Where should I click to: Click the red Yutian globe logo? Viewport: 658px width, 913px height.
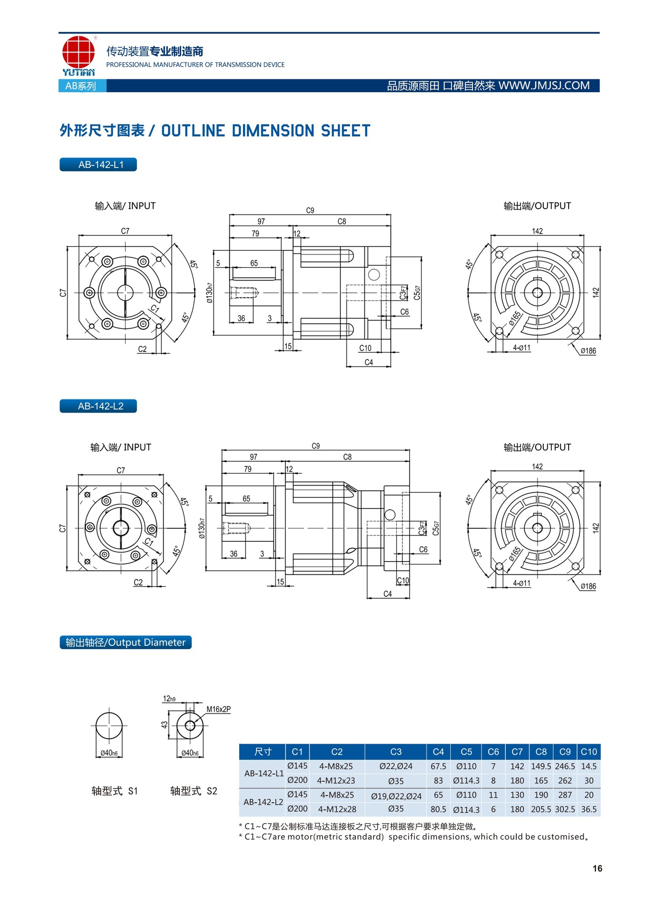click(x=78, y=52)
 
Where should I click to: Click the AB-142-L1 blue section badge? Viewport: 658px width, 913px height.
click(x=98, y=165)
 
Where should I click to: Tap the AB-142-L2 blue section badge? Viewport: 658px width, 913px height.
click(x=98, y=406)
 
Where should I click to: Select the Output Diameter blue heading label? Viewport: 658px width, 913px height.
click(x=125, y=642)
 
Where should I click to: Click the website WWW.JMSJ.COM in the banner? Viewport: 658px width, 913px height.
click(x=544, y=86)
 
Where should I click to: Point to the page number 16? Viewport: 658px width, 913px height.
click(x=597, y=868)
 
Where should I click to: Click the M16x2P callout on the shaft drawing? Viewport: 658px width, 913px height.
click(x=218, y=709)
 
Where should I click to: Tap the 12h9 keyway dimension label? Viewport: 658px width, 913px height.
click(x=169, y=699)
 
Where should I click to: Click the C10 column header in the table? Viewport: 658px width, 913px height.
click(x=589, y=752)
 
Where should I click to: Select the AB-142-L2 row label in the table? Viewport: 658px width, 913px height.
click(x=263, y=802)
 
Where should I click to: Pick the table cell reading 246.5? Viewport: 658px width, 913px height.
click(x=565, y=767)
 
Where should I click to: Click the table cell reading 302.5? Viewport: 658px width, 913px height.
click(x=565, y=809)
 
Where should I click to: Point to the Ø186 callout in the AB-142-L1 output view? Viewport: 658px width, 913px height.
click(x=588, y=351)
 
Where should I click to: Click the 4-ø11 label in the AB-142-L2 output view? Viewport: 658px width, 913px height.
click(x=521, y=583)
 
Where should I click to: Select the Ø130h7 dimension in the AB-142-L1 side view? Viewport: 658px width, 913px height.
click(x=209, y=293)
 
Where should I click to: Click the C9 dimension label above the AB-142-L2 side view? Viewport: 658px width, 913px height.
click(x=315, y=446)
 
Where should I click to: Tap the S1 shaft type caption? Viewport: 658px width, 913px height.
click(x=114, y=791)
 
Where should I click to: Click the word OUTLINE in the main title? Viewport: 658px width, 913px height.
click(x=193, y=131)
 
